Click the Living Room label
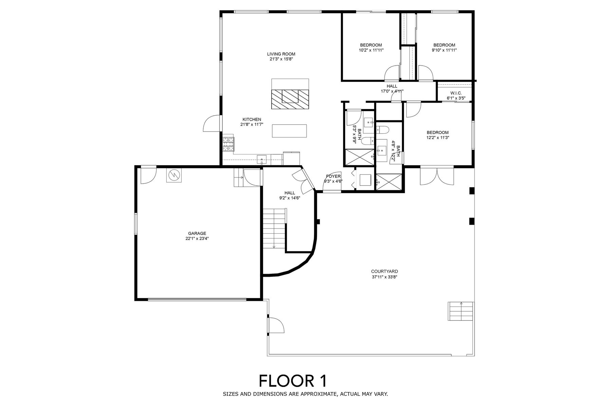click(281, 54)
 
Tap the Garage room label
click(197, 233)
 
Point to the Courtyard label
click(384, 271)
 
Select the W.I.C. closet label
click(456, 93)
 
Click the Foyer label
click(333, 176)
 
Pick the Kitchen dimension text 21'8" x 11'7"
click(252, 124)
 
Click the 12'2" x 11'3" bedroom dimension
click(438, 138)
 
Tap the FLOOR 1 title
click(293, 381)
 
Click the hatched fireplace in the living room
click(290, 99)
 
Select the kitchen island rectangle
click(290, 131)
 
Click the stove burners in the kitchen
click(228, 144)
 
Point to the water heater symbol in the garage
click(174, 175)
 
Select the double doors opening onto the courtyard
click(437, 176)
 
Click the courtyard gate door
click(276, 324)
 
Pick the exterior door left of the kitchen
click(212, 123)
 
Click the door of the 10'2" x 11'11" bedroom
click(392, 73)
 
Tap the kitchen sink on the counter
click(262, 159)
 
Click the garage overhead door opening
click(197, 299)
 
